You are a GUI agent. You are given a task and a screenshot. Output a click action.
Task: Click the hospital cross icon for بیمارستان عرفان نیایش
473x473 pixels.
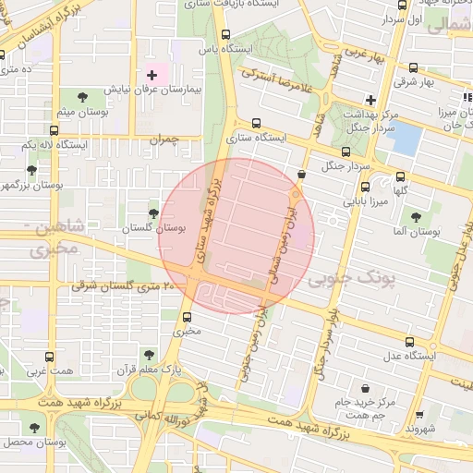click(152, 74)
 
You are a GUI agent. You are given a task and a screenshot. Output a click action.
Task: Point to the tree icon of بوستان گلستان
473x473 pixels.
click(153, 212)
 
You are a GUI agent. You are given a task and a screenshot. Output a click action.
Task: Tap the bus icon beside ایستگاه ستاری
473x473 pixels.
click(256, 123)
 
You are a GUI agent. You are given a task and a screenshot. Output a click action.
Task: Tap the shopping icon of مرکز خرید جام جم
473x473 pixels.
click(367, 386)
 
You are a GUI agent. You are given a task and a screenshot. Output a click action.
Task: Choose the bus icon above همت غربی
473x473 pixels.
click(49, 357)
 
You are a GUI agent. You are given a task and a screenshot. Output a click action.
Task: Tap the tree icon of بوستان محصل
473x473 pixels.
click(34, 428)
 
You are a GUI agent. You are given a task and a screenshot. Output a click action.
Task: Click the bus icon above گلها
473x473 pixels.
click(400, 177)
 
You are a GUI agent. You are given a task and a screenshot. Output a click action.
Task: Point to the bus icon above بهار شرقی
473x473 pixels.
click(412, 67)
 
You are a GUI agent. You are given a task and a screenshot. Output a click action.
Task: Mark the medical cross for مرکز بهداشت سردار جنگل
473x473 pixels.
click(370, 100)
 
